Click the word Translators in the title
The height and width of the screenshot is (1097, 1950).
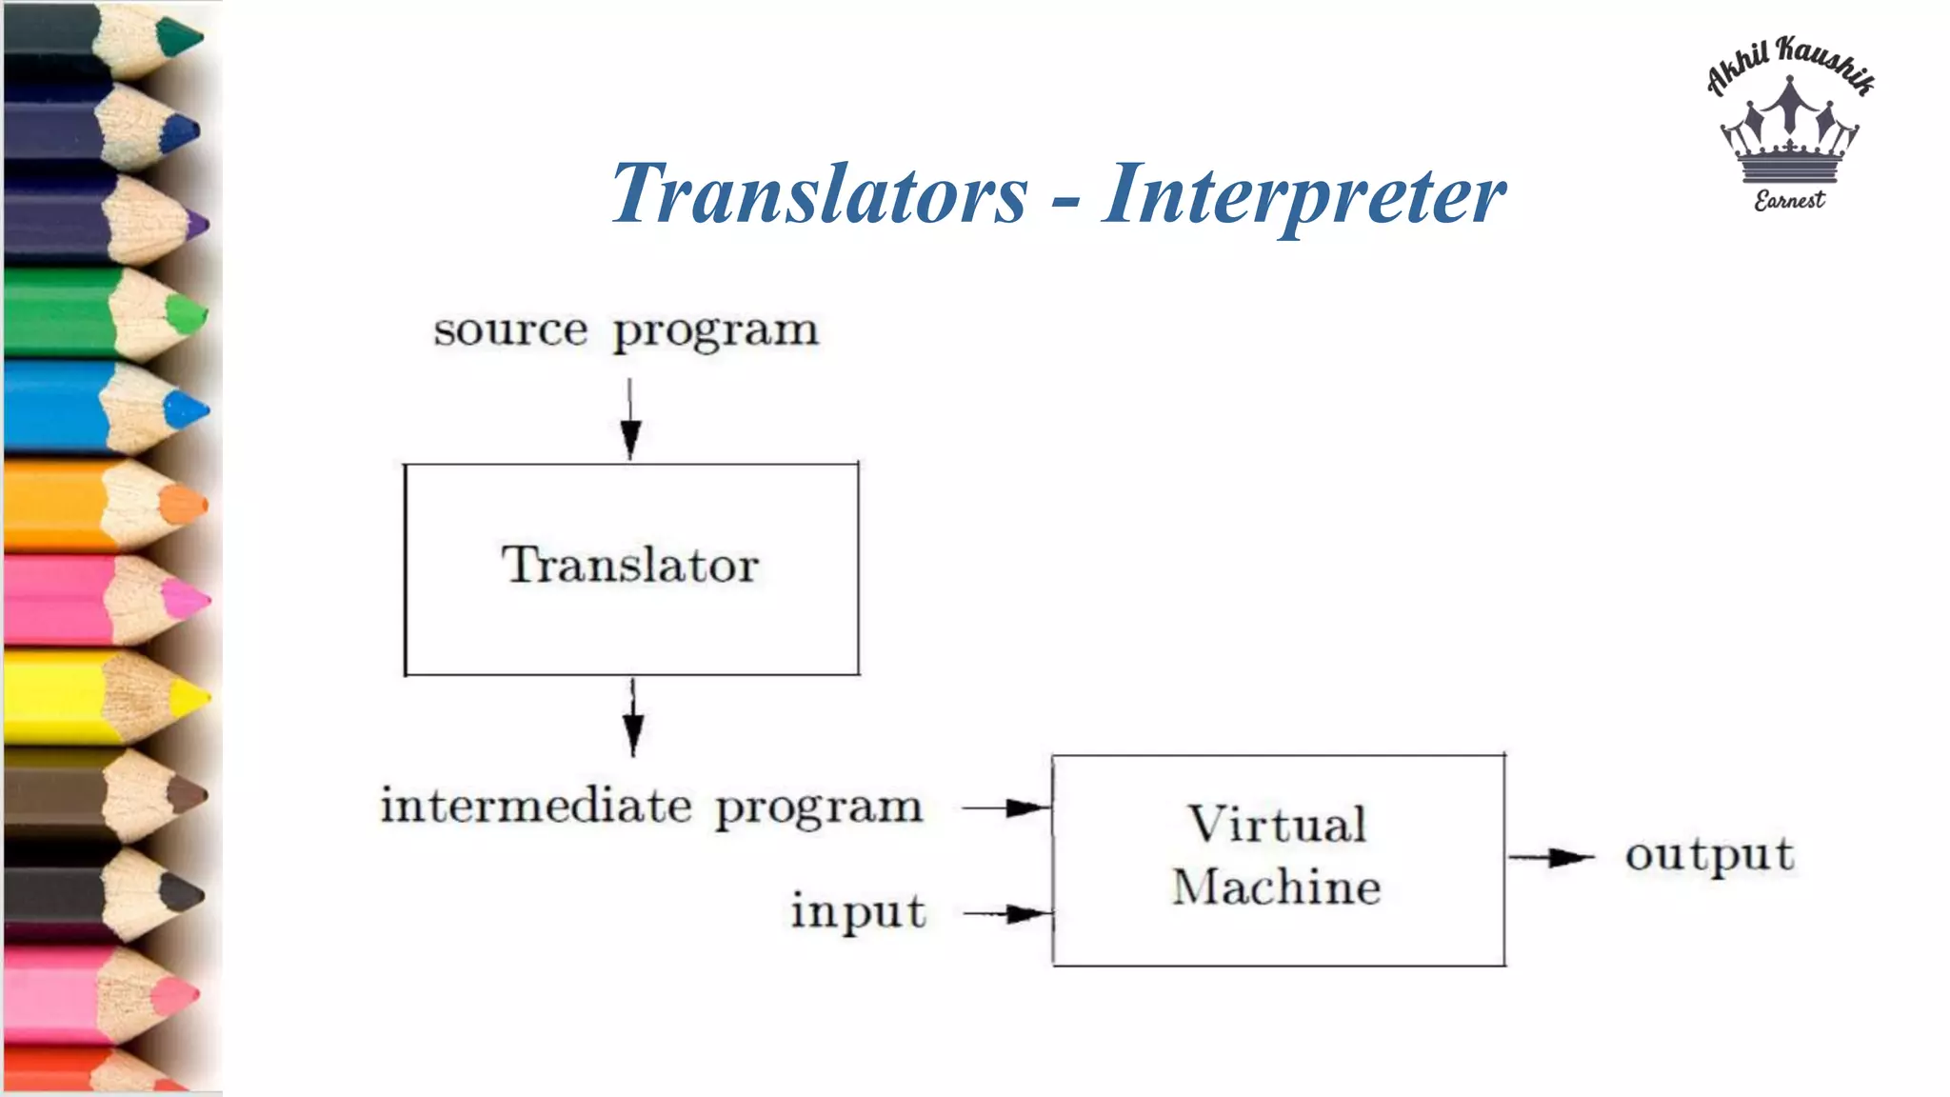pyautogui.click(x=819, y=194)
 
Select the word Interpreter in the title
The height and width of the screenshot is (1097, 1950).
pyautogui.click(x=1303, y=194)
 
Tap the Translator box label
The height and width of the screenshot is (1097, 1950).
pyautogui.click(x=630, y=565)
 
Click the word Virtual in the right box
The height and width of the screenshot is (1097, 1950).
pyautogui.click(x=1277, y=825)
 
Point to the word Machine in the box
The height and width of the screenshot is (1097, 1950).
pyautogui.click(x=1276, y=888)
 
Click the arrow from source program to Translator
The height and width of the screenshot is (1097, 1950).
pyautogui.click(x=630, y=420)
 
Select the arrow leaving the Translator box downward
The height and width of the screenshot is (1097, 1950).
pyautogui.click(x=633, y=718)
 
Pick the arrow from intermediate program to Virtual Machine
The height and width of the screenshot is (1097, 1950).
pyautogui.click(x=1006, y=808)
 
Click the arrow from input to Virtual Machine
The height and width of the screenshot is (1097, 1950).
pyautogui.click(x=1007, y=915)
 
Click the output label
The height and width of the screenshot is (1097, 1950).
pyautogui.click(x=1709, y=854)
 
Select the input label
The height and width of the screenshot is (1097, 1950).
pyautogui.click(x=858, y=911)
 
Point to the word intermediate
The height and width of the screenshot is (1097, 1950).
pyautogui.click(x=536, y=806)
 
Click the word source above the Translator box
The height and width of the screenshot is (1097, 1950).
pyautogui.click(x=510, y=330)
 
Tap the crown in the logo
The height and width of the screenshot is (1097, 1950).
pyautogui.click(x=1790, y=134)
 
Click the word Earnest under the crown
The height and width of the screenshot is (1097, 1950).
pyautogui.click(x=1790, y=200)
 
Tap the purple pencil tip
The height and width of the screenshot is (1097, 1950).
pyautogui.click(x=196, y=226)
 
